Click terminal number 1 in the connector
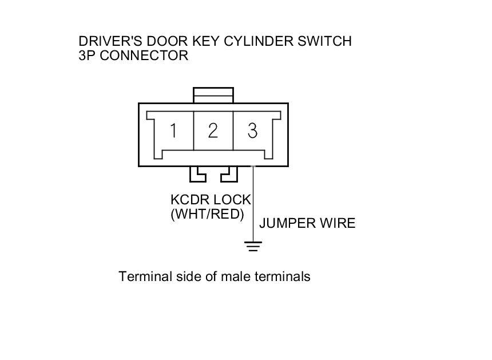pyautogui.click(x=173, y=130)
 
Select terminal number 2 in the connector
pyautogui.click(x=213, y=130)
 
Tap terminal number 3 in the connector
pyautogui.click(x=253, y=130)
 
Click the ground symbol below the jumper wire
pyautogui.click(x=253, y=246)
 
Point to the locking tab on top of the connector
pyautogui.click(x=213, y=95)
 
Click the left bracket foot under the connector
pyautogui.click(x=198, y=174)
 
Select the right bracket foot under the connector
pyautogui.click(x=229, y=174)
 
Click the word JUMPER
pyautogui.click(x=287, y=223)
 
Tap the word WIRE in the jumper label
pyautogui.click(x=338, y=223)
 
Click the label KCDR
pyautogui.click(x=190, y=200)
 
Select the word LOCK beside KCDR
pyautogui.click(x=232, y=200)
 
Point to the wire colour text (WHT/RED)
pyautogui.click(x=208, y=214)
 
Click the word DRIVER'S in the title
pyautogui.click(x=111, y=41)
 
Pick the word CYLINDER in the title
pyautogui.click(x=259, y=41)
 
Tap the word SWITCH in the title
pyautogui.click(x=325, y=41)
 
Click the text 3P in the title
pyautogui.click(x=87, y=56)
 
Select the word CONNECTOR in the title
pyautogui.click(x=144, y=56)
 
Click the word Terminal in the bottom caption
pyautogui.click(x=145, y=276)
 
